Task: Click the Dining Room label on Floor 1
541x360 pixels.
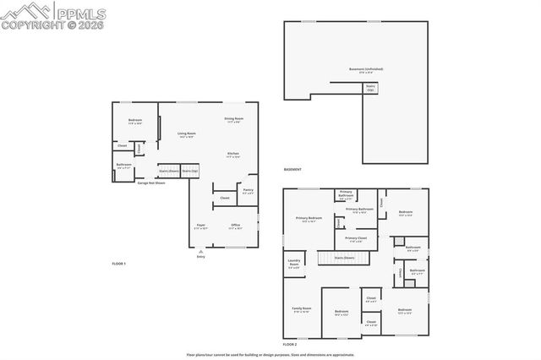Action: tap(233, 120)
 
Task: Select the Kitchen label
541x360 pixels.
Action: tap(233, 155)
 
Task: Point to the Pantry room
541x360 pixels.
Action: tap(248, 191)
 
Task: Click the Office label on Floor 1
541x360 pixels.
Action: tap(235, 226)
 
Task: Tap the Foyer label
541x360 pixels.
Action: tap(200, 226)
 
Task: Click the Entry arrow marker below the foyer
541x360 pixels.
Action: tap(200, 253)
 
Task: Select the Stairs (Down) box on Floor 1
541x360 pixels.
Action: tap(168, 171)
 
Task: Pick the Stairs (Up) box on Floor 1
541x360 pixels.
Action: tap(190, 171)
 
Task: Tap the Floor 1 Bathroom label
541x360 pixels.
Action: tap(123, 166)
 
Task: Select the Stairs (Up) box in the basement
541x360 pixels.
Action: tap(370, 87)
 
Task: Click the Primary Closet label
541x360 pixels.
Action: tap(356, 239)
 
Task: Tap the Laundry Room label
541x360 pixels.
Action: tap(294, 263)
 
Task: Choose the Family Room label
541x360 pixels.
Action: tap(302, 310)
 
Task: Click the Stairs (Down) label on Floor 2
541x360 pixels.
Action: tap(343, 257)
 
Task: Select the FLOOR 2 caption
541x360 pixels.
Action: tap(290, 345)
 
